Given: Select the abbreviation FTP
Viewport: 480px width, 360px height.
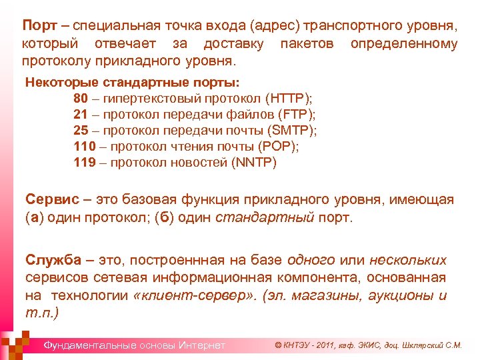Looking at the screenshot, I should click(293, 115).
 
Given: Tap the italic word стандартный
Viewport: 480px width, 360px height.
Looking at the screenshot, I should click(265, 218).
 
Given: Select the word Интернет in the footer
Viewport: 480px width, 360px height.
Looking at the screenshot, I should click(201, 345).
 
